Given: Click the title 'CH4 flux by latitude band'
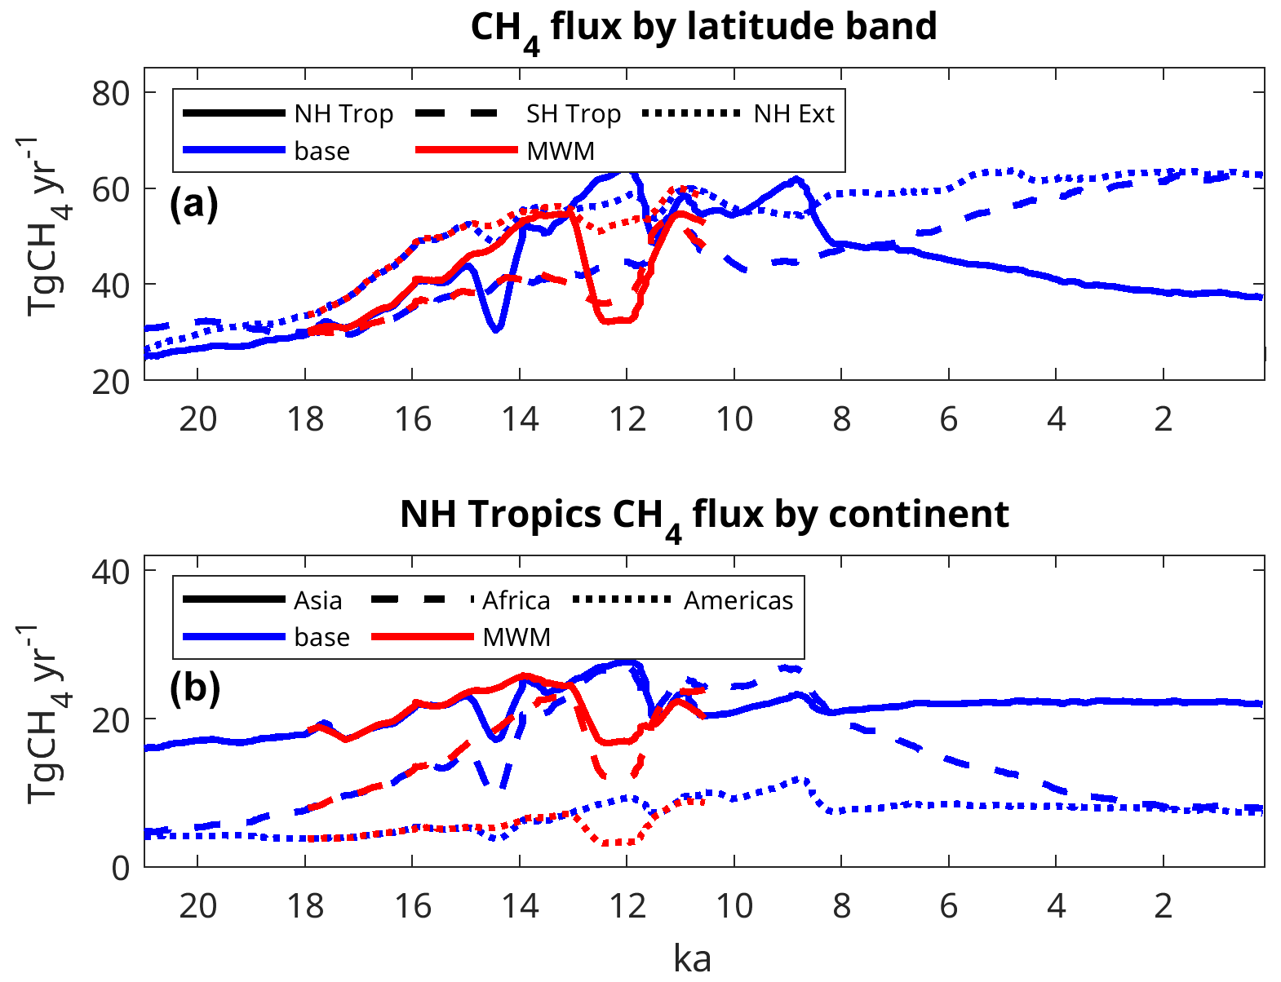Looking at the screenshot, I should click(703, 28).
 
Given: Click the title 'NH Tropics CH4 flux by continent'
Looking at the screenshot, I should click(703, 515).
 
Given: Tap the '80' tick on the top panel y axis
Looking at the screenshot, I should click(111, 93).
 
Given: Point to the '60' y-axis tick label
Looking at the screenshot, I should click(111, 189).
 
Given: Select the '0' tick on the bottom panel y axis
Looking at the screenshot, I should click(121, 868).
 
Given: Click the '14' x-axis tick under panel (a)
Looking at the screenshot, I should click(520, 419).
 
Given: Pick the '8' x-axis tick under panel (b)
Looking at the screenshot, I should click(841, 906).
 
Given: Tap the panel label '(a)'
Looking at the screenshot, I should click(194, 204).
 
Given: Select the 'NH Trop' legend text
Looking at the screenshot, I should click(344, 114).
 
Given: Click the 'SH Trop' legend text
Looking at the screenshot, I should click(573, 114).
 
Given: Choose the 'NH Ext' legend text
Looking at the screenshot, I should click(793, 114).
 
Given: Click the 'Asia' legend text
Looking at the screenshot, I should click(317, 601).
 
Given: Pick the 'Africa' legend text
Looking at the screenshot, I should click(516, 601).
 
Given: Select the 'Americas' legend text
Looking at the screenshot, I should click(738, 601).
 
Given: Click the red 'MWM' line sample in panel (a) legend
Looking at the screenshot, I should click(467, 150).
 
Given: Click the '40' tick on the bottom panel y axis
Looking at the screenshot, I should click(111, 572).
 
